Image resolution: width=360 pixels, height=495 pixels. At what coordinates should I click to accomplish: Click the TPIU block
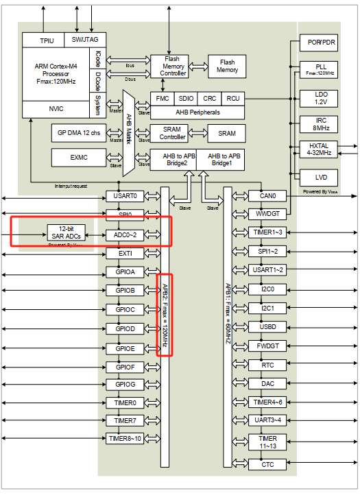pos(47,40)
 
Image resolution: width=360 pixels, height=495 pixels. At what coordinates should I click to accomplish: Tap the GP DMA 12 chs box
pos(78,132)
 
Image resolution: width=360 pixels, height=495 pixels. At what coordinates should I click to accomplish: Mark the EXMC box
pos(78,158)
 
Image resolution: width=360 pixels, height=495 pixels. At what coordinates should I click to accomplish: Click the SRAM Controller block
pos(173,133)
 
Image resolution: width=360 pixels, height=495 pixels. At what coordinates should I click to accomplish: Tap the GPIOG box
pos(125,384)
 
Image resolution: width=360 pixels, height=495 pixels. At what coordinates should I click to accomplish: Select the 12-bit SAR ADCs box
pos(66,232)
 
